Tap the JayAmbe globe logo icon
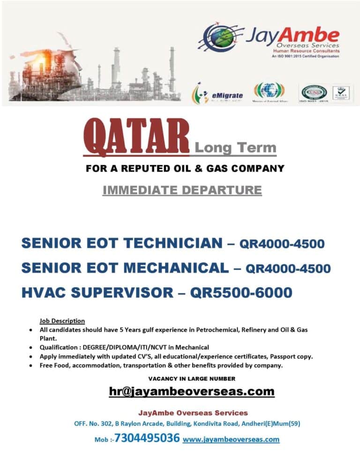tap(219, 38)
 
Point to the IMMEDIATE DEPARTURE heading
tap(182, 190)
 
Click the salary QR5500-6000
tap(241, 293)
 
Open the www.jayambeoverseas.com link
tap(231, 440)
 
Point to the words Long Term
tap(235, 148)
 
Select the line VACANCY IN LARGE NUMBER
tap(192, 378)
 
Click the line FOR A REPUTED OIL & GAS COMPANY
tap(185, 168)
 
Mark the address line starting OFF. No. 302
tap(187, 423)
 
